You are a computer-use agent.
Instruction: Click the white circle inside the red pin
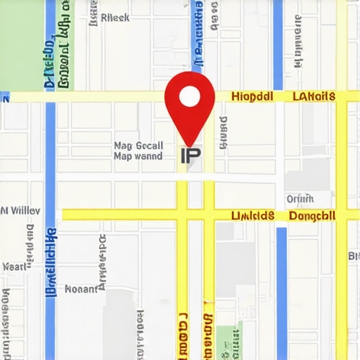coord(190,96)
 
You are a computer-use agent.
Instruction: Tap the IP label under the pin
coord(190,155)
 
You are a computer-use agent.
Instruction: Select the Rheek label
coord(115,18)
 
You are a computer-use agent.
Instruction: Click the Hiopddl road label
coord(252,96)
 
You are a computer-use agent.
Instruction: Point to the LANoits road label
coord(314,96)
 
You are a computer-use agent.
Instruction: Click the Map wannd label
coord(138,156)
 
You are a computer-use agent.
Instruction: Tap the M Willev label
coord(20,210)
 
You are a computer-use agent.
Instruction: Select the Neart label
coord(14,267)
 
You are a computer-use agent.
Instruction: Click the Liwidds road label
coord(252,215)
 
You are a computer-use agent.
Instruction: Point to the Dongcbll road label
coord(312,215)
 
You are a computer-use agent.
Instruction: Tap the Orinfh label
coord(300,198)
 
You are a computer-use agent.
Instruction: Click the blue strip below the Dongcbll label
coord(281,288)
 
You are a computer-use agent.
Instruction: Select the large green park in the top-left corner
coord(21,42)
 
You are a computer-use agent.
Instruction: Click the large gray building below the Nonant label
coord(120,323)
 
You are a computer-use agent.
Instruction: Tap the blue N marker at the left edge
coord(5,98)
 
